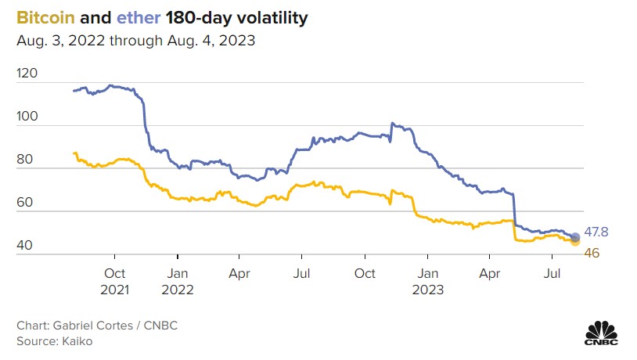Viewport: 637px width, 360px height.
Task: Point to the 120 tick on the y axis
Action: click(27, 74)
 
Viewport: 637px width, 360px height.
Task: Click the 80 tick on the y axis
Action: click(24, 160)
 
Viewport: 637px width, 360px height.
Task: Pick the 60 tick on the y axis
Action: click(24, 203)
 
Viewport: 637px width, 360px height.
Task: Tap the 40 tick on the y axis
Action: click(24, 246)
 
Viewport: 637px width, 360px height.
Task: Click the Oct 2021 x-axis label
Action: click(114, 281)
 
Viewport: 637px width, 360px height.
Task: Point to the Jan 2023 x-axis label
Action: click(426, 281)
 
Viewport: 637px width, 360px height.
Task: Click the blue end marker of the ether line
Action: click(575, 237)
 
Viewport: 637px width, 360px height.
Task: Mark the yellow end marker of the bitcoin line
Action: click(575, 242)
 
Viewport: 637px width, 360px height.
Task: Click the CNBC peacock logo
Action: click(602, 332)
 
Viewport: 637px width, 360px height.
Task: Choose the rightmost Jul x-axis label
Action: click(552, 274)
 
